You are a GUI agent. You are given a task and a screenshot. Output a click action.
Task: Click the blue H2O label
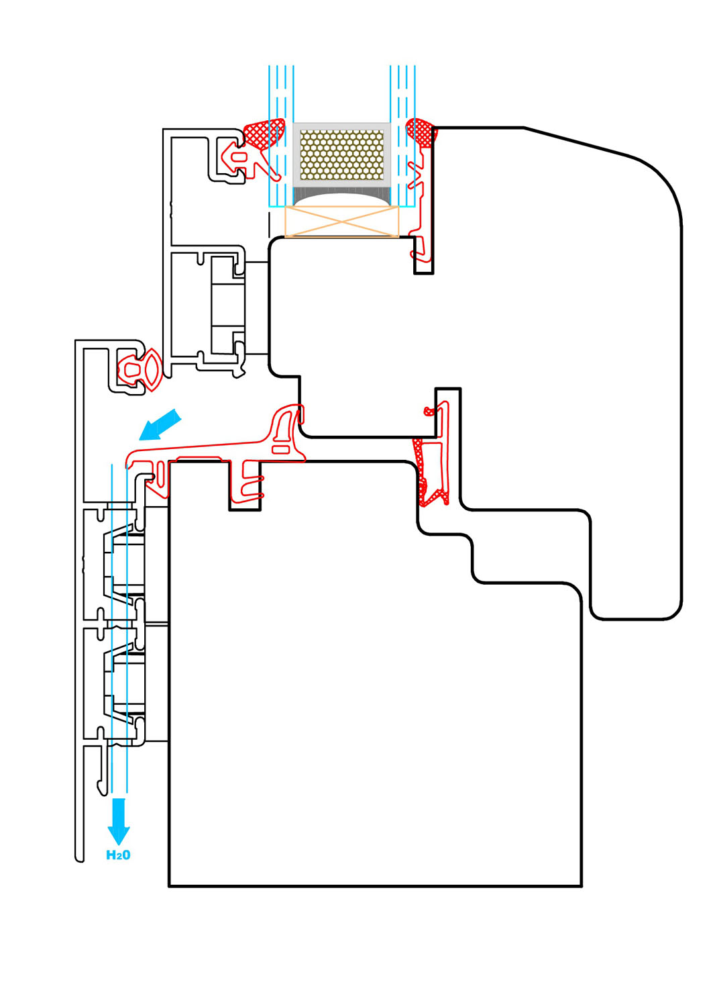(x=118, y=855)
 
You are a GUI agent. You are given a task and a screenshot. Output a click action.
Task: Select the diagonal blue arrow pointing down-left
(x=160, y=425)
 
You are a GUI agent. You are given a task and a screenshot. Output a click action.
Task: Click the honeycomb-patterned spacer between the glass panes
(x=342, y=154)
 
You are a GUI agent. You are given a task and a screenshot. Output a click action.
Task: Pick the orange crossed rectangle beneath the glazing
(x=342, y=221)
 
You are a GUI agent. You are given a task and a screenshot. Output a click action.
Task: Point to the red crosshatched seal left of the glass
(x=264, y=133)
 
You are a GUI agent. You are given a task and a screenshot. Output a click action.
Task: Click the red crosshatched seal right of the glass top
(x=421, y=132)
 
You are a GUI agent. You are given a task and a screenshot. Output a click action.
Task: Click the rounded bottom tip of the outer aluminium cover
(x=80, y=859)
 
